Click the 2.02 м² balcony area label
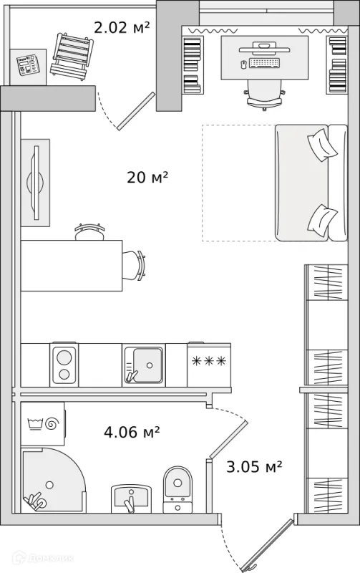click(x=122, y=27)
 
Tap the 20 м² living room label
click(x=147, y=177)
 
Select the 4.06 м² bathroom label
click(x=132, y=432)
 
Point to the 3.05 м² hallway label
click(x=254, y=467)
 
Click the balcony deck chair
click(x=72, y=56)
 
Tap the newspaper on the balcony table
click(x=28, y=64)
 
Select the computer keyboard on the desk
click(x=265, y=63)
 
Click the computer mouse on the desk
click(x=243, y=64)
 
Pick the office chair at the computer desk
click(x=265, y=95)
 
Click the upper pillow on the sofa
click(x=322, y=145)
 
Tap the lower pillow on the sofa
click(x=322, y=220)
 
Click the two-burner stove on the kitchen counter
click(x=64, y=365)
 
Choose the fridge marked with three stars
click(x=209, y=365)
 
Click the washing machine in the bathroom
click(x=43, y=424)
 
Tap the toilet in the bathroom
click(x=177, y=490)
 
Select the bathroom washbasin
click(x=131, y=499)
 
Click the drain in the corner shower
click(x=49, y=485)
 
